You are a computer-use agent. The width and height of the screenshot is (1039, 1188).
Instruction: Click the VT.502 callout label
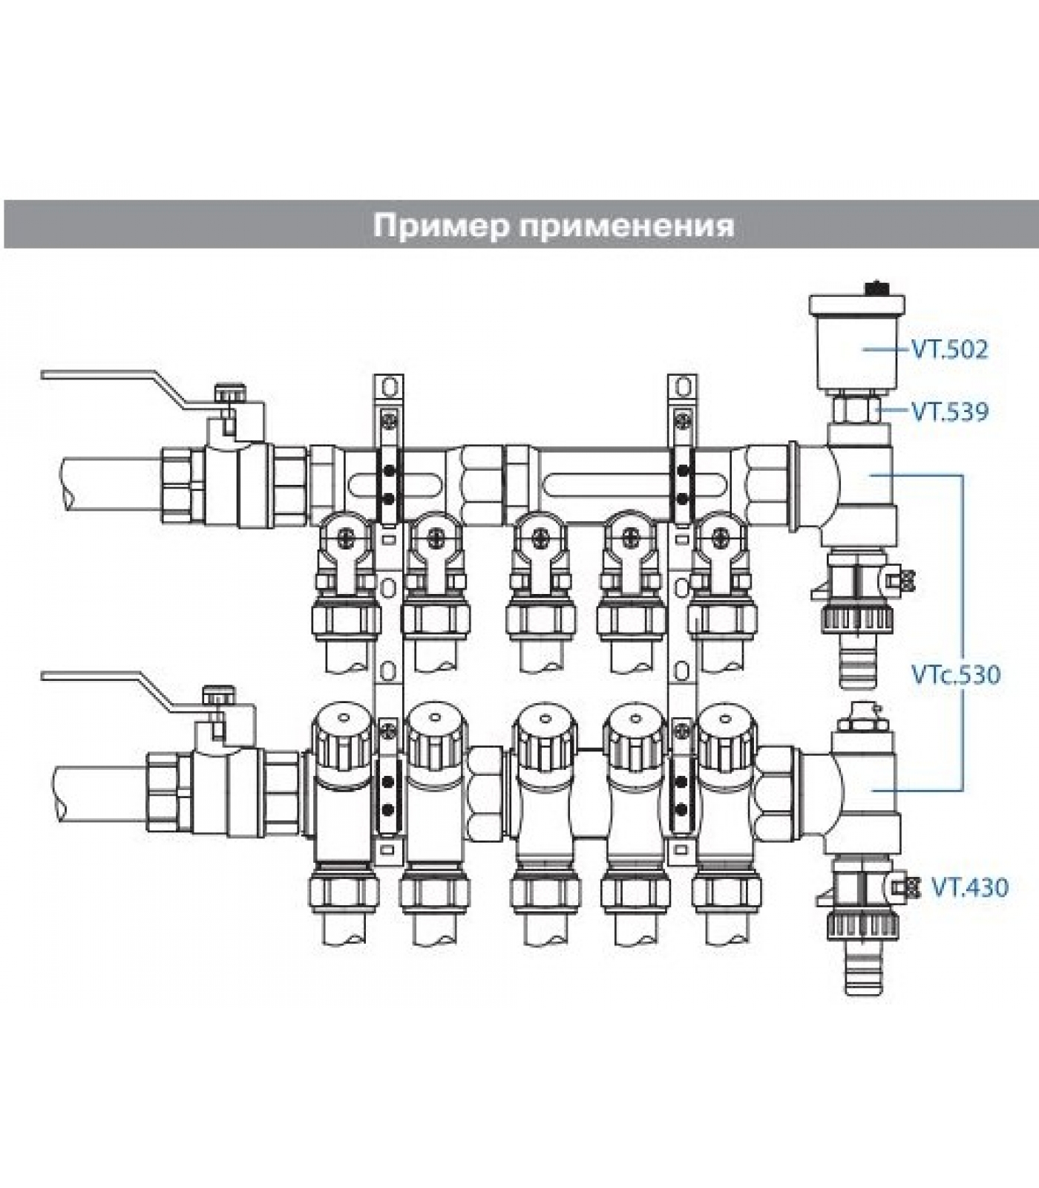point(950,349)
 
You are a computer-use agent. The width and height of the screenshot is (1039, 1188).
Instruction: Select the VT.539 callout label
point(950,411)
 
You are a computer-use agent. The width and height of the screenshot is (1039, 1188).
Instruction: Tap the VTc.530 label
point(956,675)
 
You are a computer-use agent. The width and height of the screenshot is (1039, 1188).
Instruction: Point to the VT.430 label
point(970,887)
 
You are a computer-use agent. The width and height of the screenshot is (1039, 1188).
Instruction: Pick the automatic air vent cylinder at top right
point(858,342)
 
